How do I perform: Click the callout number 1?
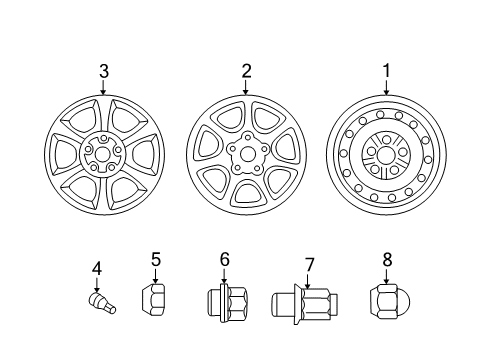386,70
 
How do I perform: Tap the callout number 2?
244,70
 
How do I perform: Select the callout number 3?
103,70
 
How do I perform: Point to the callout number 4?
97,268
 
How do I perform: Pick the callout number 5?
156,261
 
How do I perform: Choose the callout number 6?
224,260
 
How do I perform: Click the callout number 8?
387,261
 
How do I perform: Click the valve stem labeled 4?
100,301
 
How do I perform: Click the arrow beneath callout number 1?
386,88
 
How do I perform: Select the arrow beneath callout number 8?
387,276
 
